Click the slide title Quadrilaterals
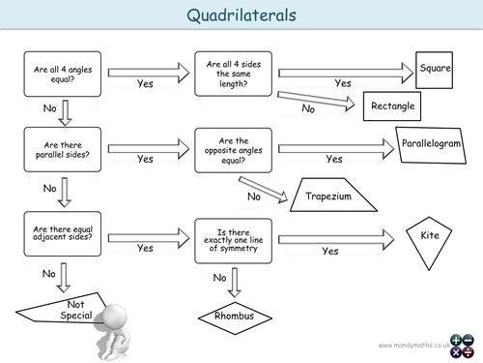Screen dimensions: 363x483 coord(241,15)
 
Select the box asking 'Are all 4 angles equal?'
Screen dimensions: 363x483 coord(57,75)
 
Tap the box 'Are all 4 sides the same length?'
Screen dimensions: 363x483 coord(232,73)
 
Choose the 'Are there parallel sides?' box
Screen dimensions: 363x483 coord(57,151)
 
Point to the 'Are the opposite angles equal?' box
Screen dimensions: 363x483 coord(232,150)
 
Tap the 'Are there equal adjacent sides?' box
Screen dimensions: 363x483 coord(57,235)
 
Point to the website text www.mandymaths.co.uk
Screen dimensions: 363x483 coord(413,344)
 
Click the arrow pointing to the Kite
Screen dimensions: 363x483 coord(338,236)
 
